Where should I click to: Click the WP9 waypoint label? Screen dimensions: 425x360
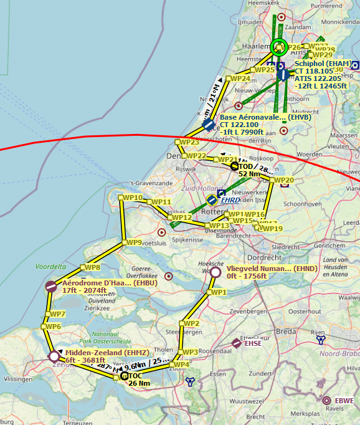[133, 242]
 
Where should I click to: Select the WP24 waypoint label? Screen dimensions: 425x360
[240, 79]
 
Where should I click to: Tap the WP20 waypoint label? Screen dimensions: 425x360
[283, 181]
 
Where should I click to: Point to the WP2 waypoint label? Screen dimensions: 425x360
[190, 323]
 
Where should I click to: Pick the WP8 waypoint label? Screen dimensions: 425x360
[92, 267]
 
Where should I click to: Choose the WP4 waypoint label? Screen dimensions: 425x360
[180, 365]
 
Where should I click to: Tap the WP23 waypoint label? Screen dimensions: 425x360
[189, 142]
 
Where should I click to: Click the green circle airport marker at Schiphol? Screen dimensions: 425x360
[279, 46]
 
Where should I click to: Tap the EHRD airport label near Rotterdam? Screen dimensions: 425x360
[230, 200]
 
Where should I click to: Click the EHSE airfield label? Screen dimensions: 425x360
[253, 343]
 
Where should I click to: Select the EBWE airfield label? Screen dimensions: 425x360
[344, 400]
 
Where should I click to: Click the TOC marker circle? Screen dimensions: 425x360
[124, 376]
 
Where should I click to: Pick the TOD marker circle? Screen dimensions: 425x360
[235, 166]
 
